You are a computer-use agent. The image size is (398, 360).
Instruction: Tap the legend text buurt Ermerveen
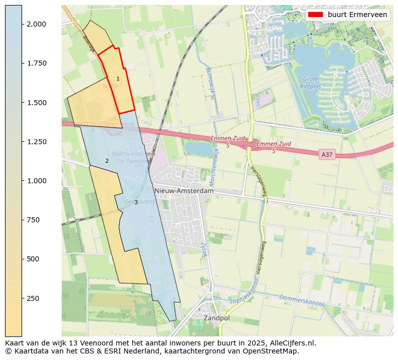pyautogui.click(x=357, y=15)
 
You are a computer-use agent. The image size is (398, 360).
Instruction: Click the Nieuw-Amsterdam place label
pyautogui.click(x=184, y=191)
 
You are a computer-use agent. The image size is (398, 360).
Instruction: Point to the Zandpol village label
pyautogui.click(x=217, y=318)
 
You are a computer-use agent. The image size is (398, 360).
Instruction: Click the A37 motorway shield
pyautogui.click(x=327, y=155)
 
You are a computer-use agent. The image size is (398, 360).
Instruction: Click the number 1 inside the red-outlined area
pyautogui.click(x=118, y=79)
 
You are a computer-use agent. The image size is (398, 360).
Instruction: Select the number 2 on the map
pyautogui.click(x=107, y=161)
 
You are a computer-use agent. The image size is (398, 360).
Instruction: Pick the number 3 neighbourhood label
pyautogui.click(x=136, y=202)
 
